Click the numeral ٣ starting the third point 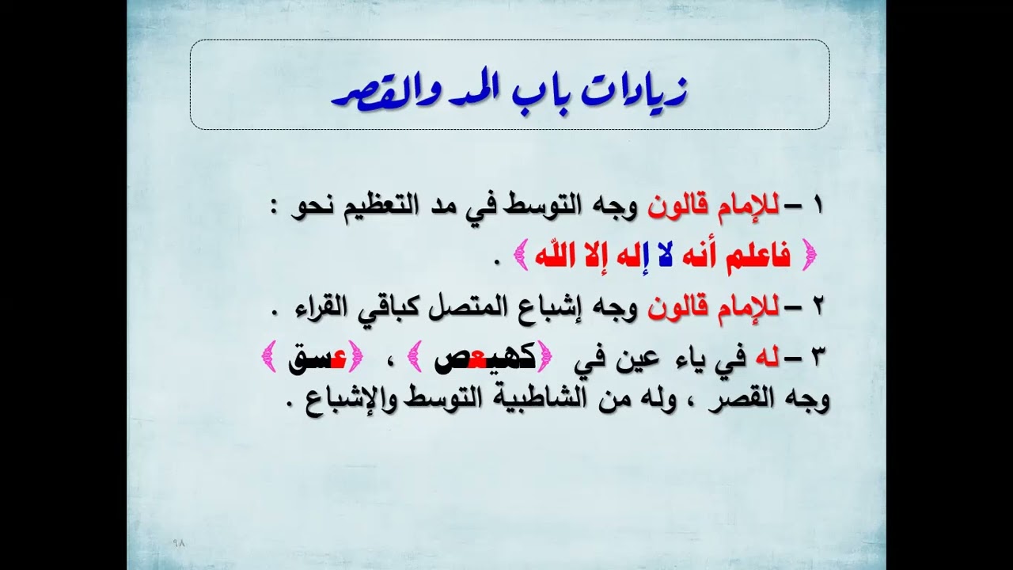pos(818,359)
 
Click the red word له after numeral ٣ pos(767,359)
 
